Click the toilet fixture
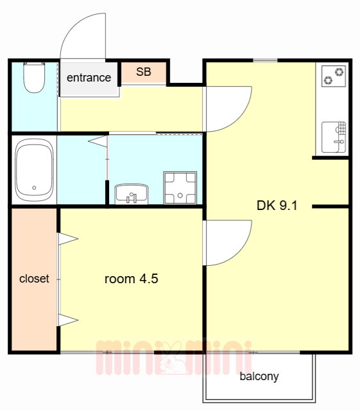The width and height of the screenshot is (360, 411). pos(34,77)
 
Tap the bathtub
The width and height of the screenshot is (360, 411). pos(34,170)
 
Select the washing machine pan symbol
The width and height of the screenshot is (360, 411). pos(180,188)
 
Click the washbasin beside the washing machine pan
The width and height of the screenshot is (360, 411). pos(132,194)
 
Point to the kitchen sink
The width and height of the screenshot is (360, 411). pos(334,137)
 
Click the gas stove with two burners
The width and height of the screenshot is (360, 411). pos(334,76)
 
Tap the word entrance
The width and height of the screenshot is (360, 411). pos(89,78)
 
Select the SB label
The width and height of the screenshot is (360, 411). pos(144,72)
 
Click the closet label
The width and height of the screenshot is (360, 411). pos(34,278)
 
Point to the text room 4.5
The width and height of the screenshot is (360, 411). pos(132,279)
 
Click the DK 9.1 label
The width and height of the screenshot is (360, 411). pos(277,205)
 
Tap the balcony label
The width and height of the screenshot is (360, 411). pos(259,376)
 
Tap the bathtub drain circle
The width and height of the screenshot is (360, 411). pos(34,188)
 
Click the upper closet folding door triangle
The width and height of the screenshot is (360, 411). pos(68,239)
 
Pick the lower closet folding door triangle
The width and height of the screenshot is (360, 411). pos(68,320)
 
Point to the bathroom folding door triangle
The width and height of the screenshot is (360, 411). pos(98,141)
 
